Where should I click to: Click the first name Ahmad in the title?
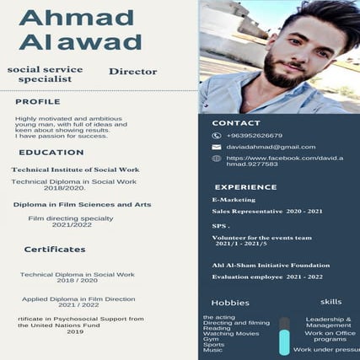click(x=77, y=18)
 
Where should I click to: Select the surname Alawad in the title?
click(x=80, y=42)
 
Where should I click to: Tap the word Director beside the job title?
click(x=133, y=73)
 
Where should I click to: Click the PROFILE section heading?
click(x=38, y=102)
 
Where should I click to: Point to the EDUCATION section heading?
click(x=51, y=153)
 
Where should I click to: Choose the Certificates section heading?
click(x=55, y=250)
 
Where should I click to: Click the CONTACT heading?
click(x=236, y=123)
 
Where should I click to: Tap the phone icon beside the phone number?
click(x=217, y=136)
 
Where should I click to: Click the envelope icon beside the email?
click(x=217, y=147)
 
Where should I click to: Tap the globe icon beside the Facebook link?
click(x=217, y=159)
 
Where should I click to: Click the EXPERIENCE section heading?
click(x=245, y=187)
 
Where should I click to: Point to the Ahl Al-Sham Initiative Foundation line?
click(x=271, y=265)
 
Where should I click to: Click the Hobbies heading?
click(x=230, y=303)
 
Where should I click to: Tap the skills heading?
click(x=331, y=302)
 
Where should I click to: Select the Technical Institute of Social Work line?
click(x=75, y=169)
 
